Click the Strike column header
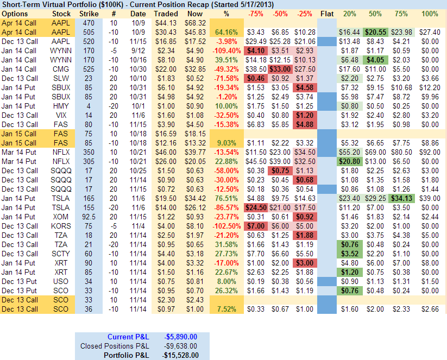89,13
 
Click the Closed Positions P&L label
114,346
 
